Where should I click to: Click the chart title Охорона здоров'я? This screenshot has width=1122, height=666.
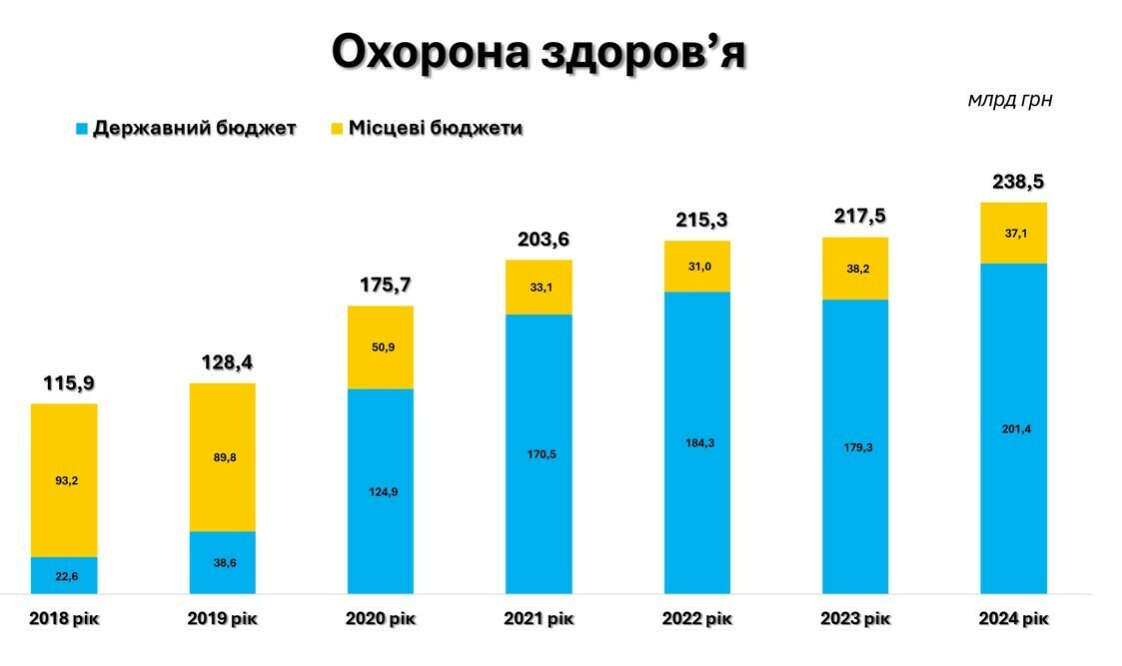click(539, 52)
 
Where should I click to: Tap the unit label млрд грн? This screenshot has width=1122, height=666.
click(1009, 100)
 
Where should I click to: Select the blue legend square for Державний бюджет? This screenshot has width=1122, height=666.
click(82, 129)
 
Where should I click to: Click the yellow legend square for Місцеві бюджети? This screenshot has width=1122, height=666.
click(337, 129)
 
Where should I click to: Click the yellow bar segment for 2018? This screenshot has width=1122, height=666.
click(64, 479)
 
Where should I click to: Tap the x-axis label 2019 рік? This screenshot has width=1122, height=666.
click(222, 619)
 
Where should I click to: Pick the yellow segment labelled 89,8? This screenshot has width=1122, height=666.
click(222, 457)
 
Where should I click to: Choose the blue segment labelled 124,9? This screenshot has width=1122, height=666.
click(381, 491)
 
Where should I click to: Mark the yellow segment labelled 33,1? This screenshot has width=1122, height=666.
click(539, 287)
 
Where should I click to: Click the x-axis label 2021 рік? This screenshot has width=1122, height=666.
click(539, 619)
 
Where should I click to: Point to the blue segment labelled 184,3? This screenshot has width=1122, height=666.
click(697, 443)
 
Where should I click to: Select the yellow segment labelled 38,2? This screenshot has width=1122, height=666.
click(855, 269)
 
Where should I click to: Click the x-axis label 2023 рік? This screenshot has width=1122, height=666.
click(855, 619)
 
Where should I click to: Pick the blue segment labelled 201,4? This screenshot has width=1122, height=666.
click(1013, 428)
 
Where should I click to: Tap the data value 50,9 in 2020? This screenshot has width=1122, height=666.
click(381, 348)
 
